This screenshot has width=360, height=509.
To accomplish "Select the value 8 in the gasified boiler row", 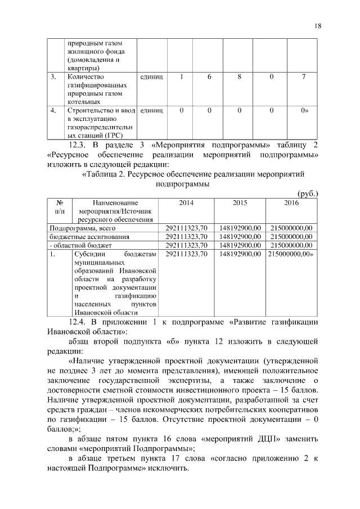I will tap(239, 77).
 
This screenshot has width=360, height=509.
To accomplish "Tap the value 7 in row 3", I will tap(303, 77).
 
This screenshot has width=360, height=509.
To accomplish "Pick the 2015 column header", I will tap(240, 202).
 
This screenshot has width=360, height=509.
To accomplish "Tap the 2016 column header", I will tap(291, 202).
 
